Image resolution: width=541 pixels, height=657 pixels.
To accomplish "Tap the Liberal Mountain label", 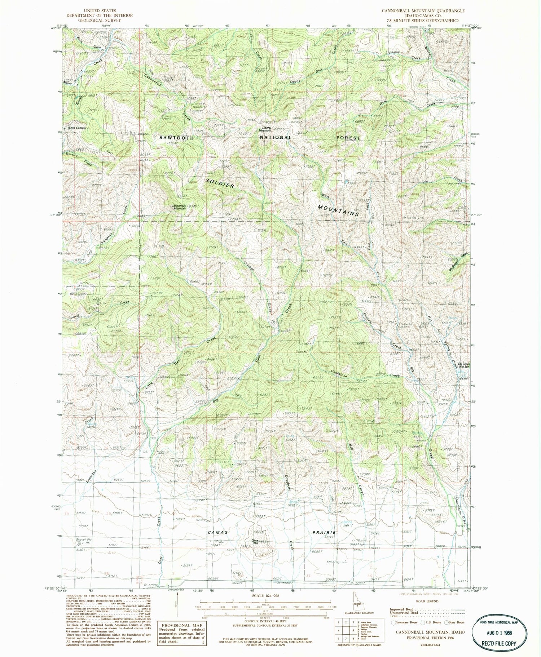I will [267, 129].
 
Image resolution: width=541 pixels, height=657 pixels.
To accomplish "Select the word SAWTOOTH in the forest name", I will [177, 138].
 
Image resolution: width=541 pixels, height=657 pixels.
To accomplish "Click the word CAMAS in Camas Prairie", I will [218, 532].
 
